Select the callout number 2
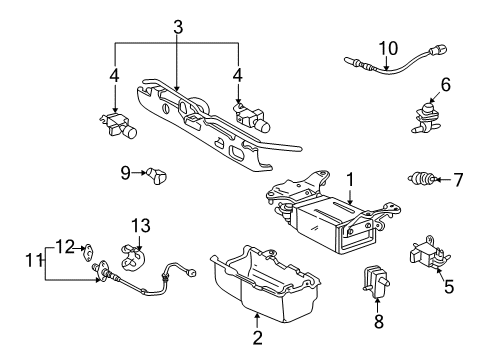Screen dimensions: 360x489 257,338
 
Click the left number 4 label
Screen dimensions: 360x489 115,75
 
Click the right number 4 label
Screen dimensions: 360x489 239,75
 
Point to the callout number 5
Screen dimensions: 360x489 449,286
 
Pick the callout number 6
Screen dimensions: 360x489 446,86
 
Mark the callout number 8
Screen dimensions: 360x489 378,324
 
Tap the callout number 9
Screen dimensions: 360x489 125,173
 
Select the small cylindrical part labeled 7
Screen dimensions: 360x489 424,180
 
